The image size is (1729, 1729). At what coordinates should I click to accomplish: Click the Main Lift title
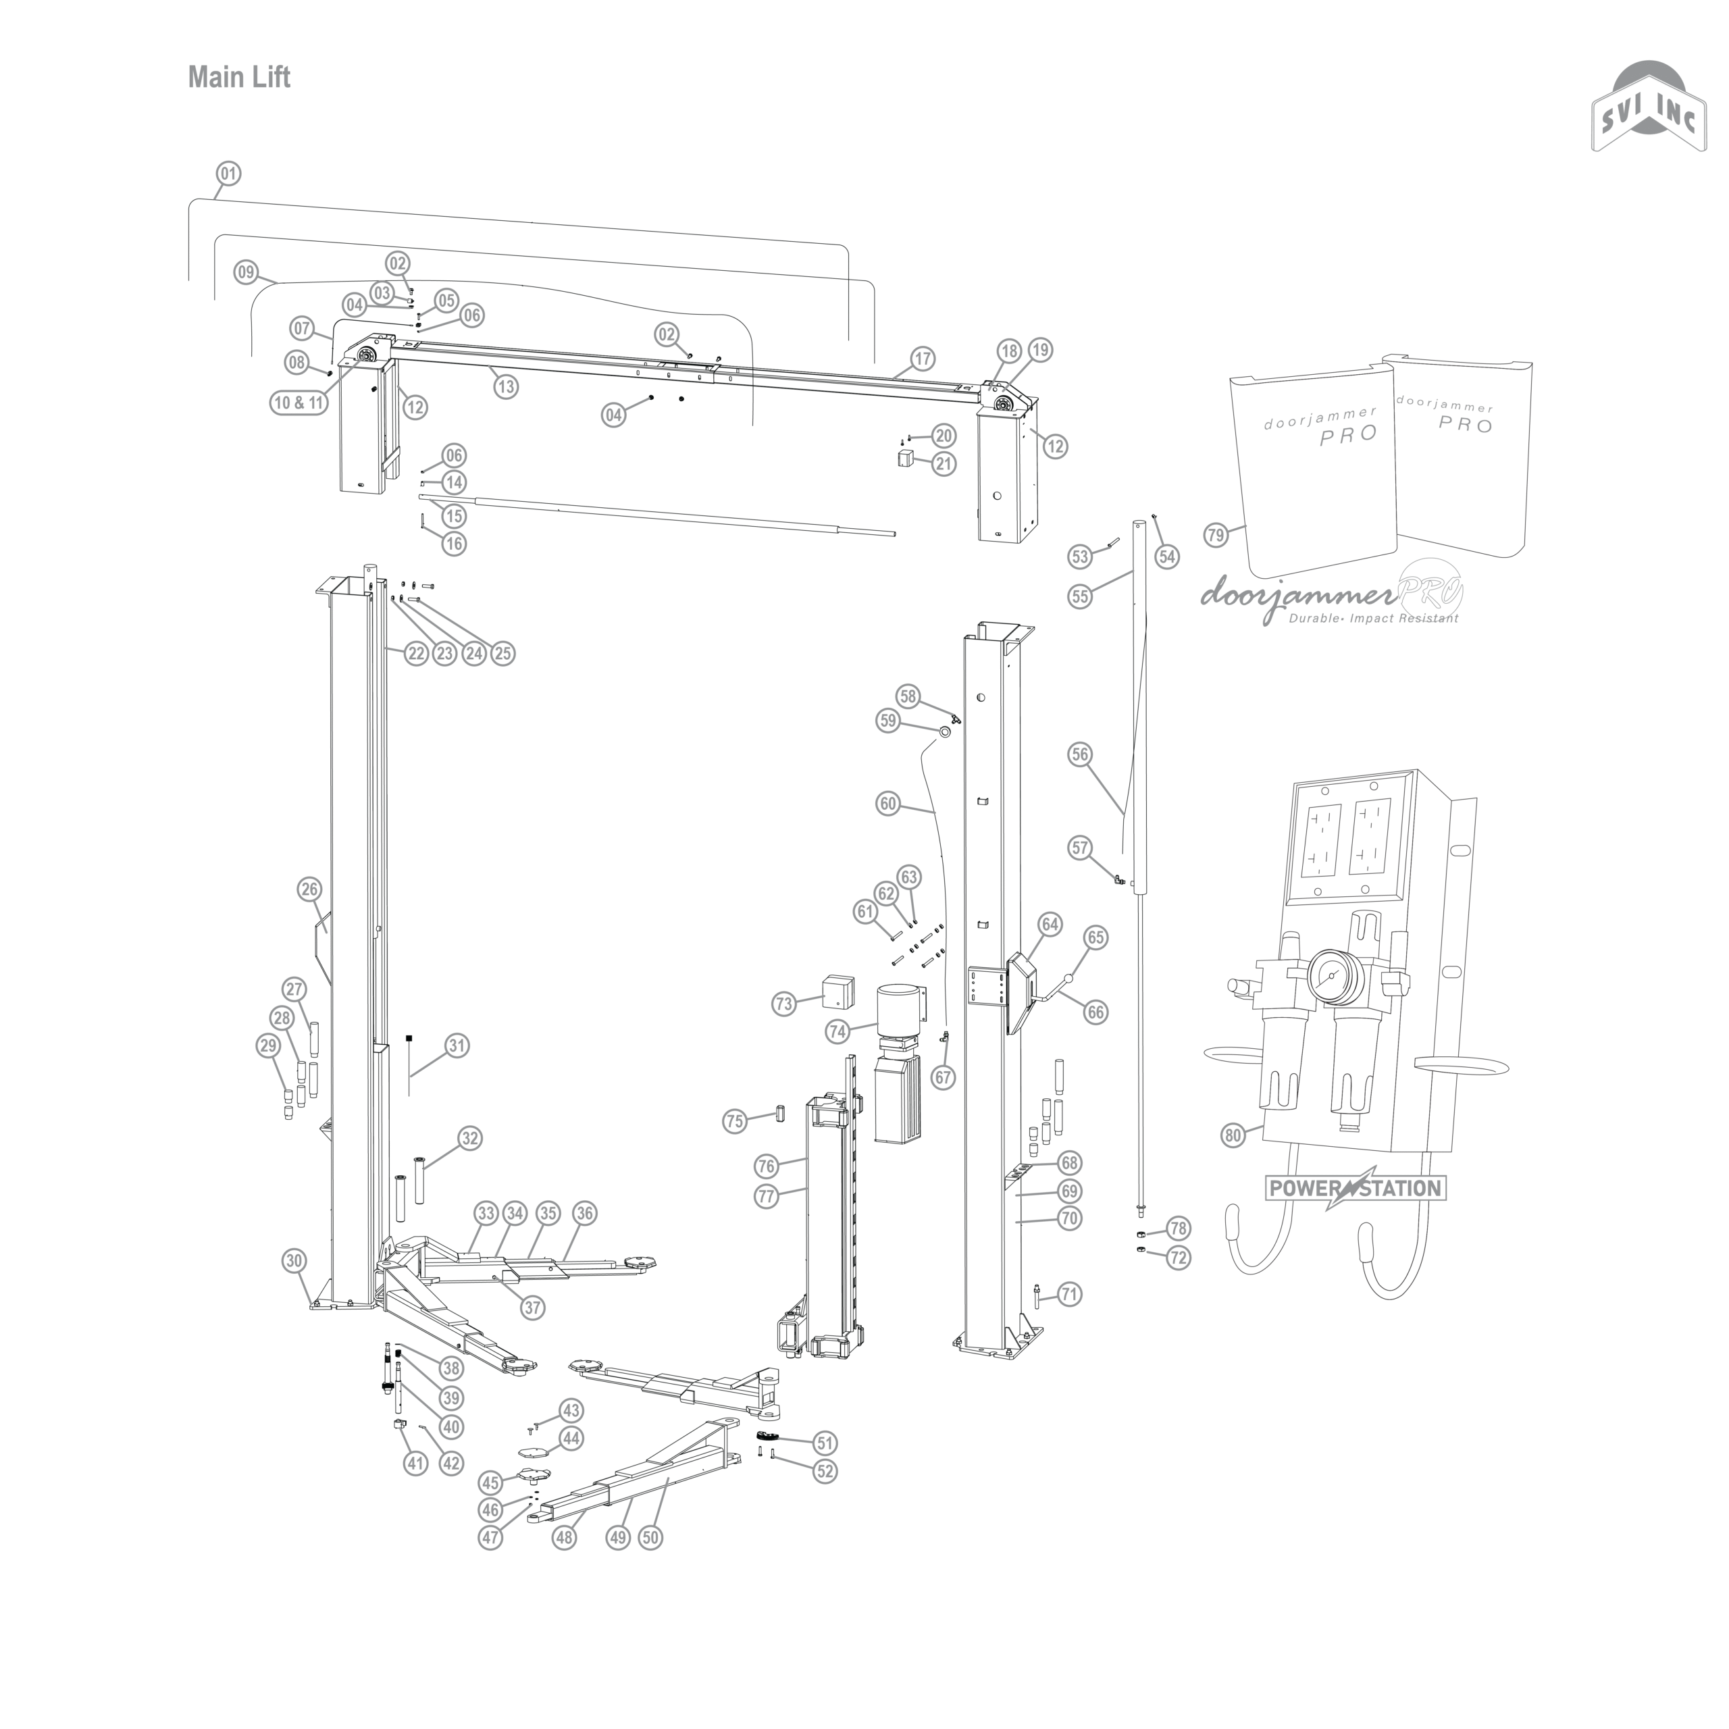click(x=239, y=78)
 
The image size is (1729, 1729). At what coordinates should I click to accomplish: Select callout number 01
click(x=229, y=173)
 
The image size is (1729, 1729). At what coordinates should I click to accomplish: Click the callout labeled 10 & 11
click(x=298, y=403)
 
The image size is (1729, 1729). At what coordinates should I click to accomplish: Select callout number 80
click(x=1233, y=1135)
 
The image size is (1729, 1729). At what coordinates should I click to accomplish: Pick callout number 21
click(x=944, y=463)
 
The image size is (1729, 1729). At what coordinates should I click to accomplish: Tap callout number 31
click(x=457, y=1046)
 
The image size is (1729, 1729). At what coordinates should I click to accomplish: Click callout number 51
click(x=824, y=1443)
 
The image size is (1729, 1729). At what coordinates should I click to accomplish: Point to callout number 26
click(x=309, y=889)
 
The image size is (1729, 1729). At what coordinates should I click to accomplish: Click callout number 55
click(x=1080, y=596)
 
